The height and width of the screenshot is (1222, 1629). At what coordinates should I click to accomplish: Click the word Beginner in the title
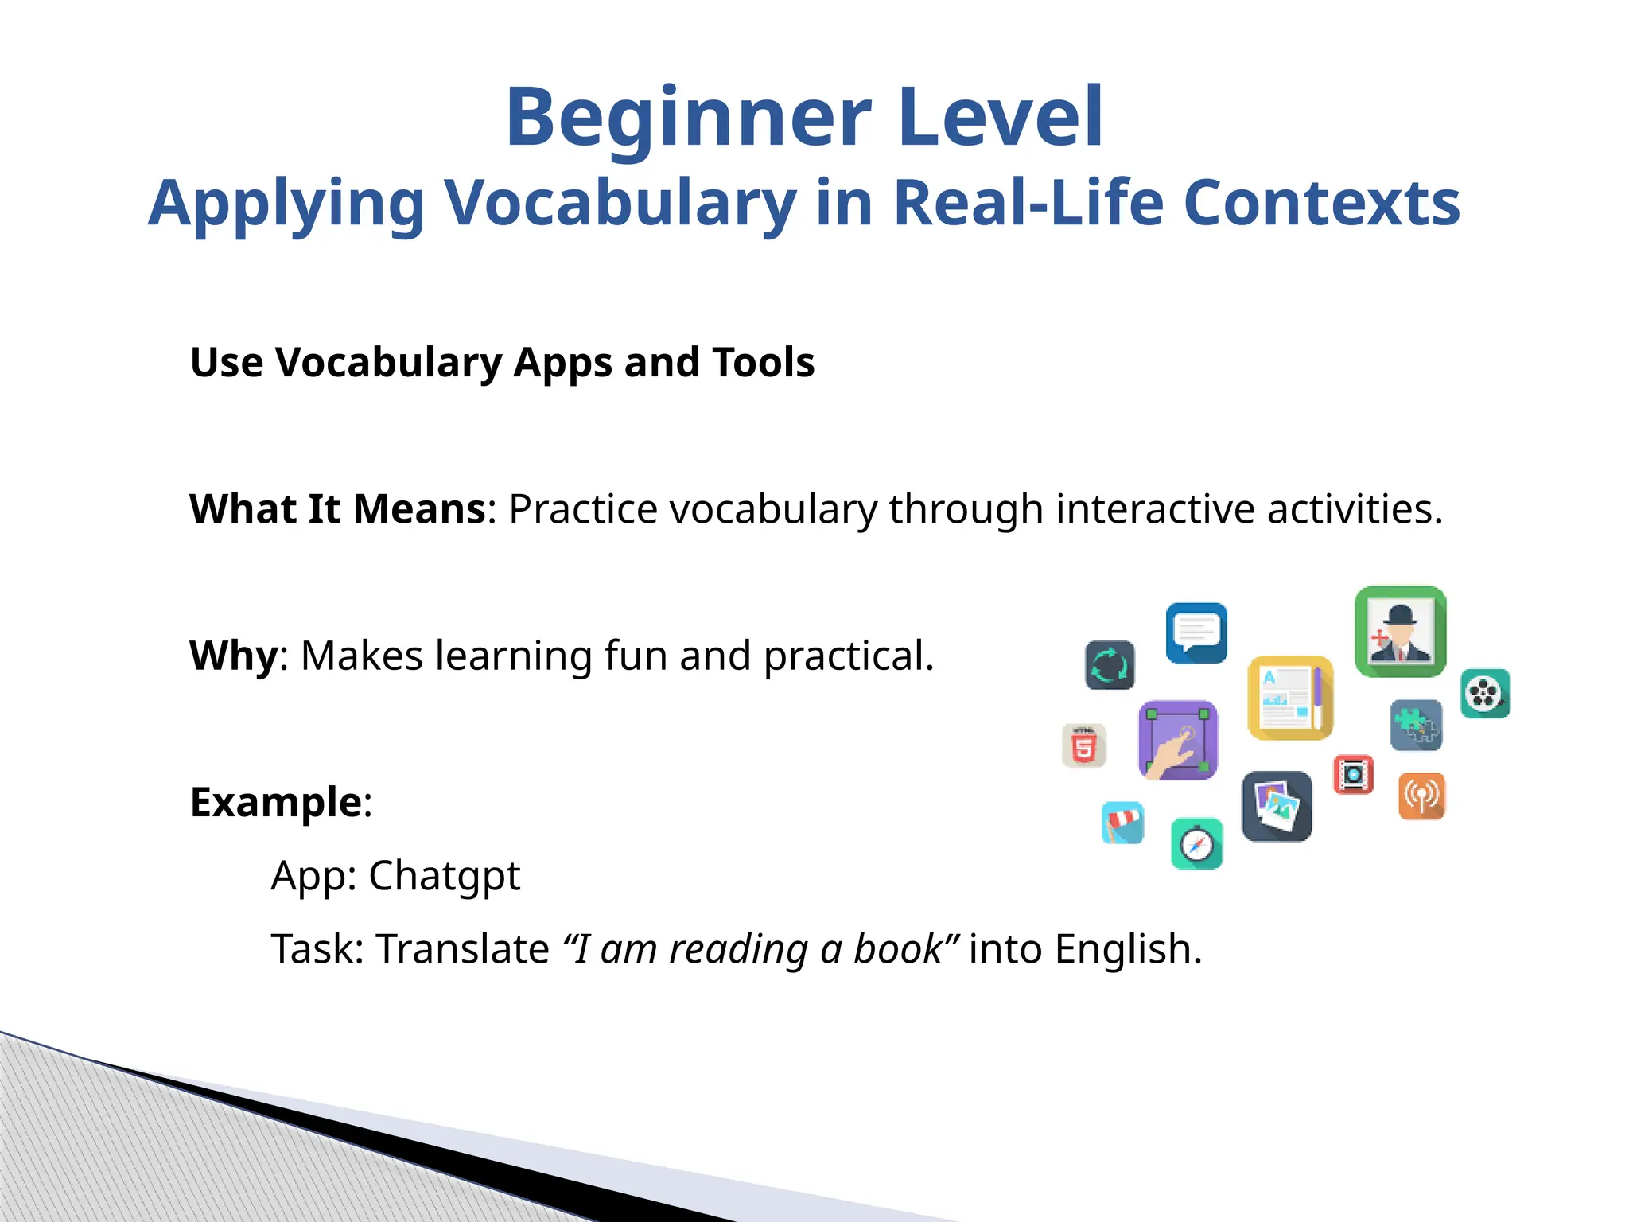689,119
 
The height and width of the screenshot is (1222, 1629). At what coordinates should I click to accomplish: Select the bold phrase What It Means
337,509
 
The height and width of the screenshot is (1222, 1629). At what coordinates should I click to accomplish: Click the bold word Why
233,656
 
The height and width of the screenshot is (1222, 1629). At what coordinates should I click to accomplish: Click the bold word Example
276,802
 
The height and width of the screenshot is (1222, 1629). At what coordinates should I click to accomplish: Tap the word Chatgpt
444,877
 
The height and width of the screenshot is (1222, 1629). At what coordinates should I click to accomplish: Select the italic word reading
738,949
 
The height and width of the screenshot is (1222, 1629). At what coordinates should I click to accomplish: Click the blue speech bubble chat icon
1196,632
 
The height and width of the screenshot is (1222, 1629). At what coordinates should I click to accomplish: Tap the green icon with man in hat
1400,632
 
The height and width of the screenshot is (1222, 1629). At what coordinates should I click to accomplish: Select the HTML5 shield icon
1084,746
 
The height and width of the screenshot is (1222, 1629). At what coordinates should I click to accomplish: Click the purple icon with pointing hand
1178,740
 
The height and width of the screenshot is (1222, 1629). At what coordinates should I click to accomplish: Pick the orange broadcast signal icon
1421,796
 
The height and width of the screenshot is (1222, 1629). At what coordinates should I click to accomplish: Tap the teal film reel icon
1485,694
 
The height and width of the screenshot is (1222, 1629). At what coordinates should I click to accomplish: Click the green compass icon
1196,844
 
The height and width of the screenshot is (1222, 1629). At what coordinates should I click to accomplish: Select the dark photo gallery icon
1277,806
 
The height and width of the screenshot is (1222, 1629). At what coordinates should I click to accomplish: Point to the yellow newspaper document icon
1289,698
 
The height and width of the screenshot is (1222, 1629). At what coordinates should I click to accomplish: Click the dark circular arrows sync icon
1110,665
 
